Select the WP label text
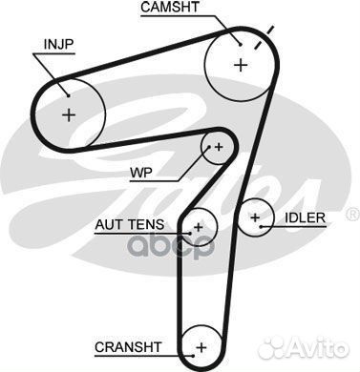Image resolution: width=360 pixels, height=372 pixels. click(x=140, y=175)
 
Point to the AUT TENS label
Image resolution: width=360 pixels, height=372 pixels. click(x=129, y=225)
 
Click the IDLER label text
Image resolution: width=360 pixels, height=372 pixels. click(x=305, y=217)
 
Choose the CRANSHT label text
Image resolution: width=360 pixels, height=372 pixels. click(x=130, y=345)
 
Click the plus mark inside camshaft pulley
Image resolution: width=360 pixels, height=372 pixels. click(x=239, y=64)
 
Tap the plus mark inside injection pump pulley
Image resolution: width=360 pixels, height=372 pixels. click(x=69, y=114)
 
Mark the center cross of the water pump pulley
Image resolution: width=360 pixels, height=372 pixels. click(x=219, y=146)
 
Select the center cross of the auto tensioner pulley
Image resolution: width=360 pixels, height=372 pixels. click(x=198, y=227)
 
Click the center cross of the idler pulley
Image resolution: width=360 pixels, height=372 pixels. click(x=255, y=218)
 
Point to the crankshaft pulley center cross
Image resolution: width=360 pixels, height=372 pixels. click(x=200, y=346)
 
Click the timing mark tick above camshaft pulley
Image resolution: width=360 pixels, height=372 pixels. click(x=269, y=35)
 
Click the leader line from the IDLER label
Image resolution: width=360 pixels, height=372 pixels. click(x=272, y=218)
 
